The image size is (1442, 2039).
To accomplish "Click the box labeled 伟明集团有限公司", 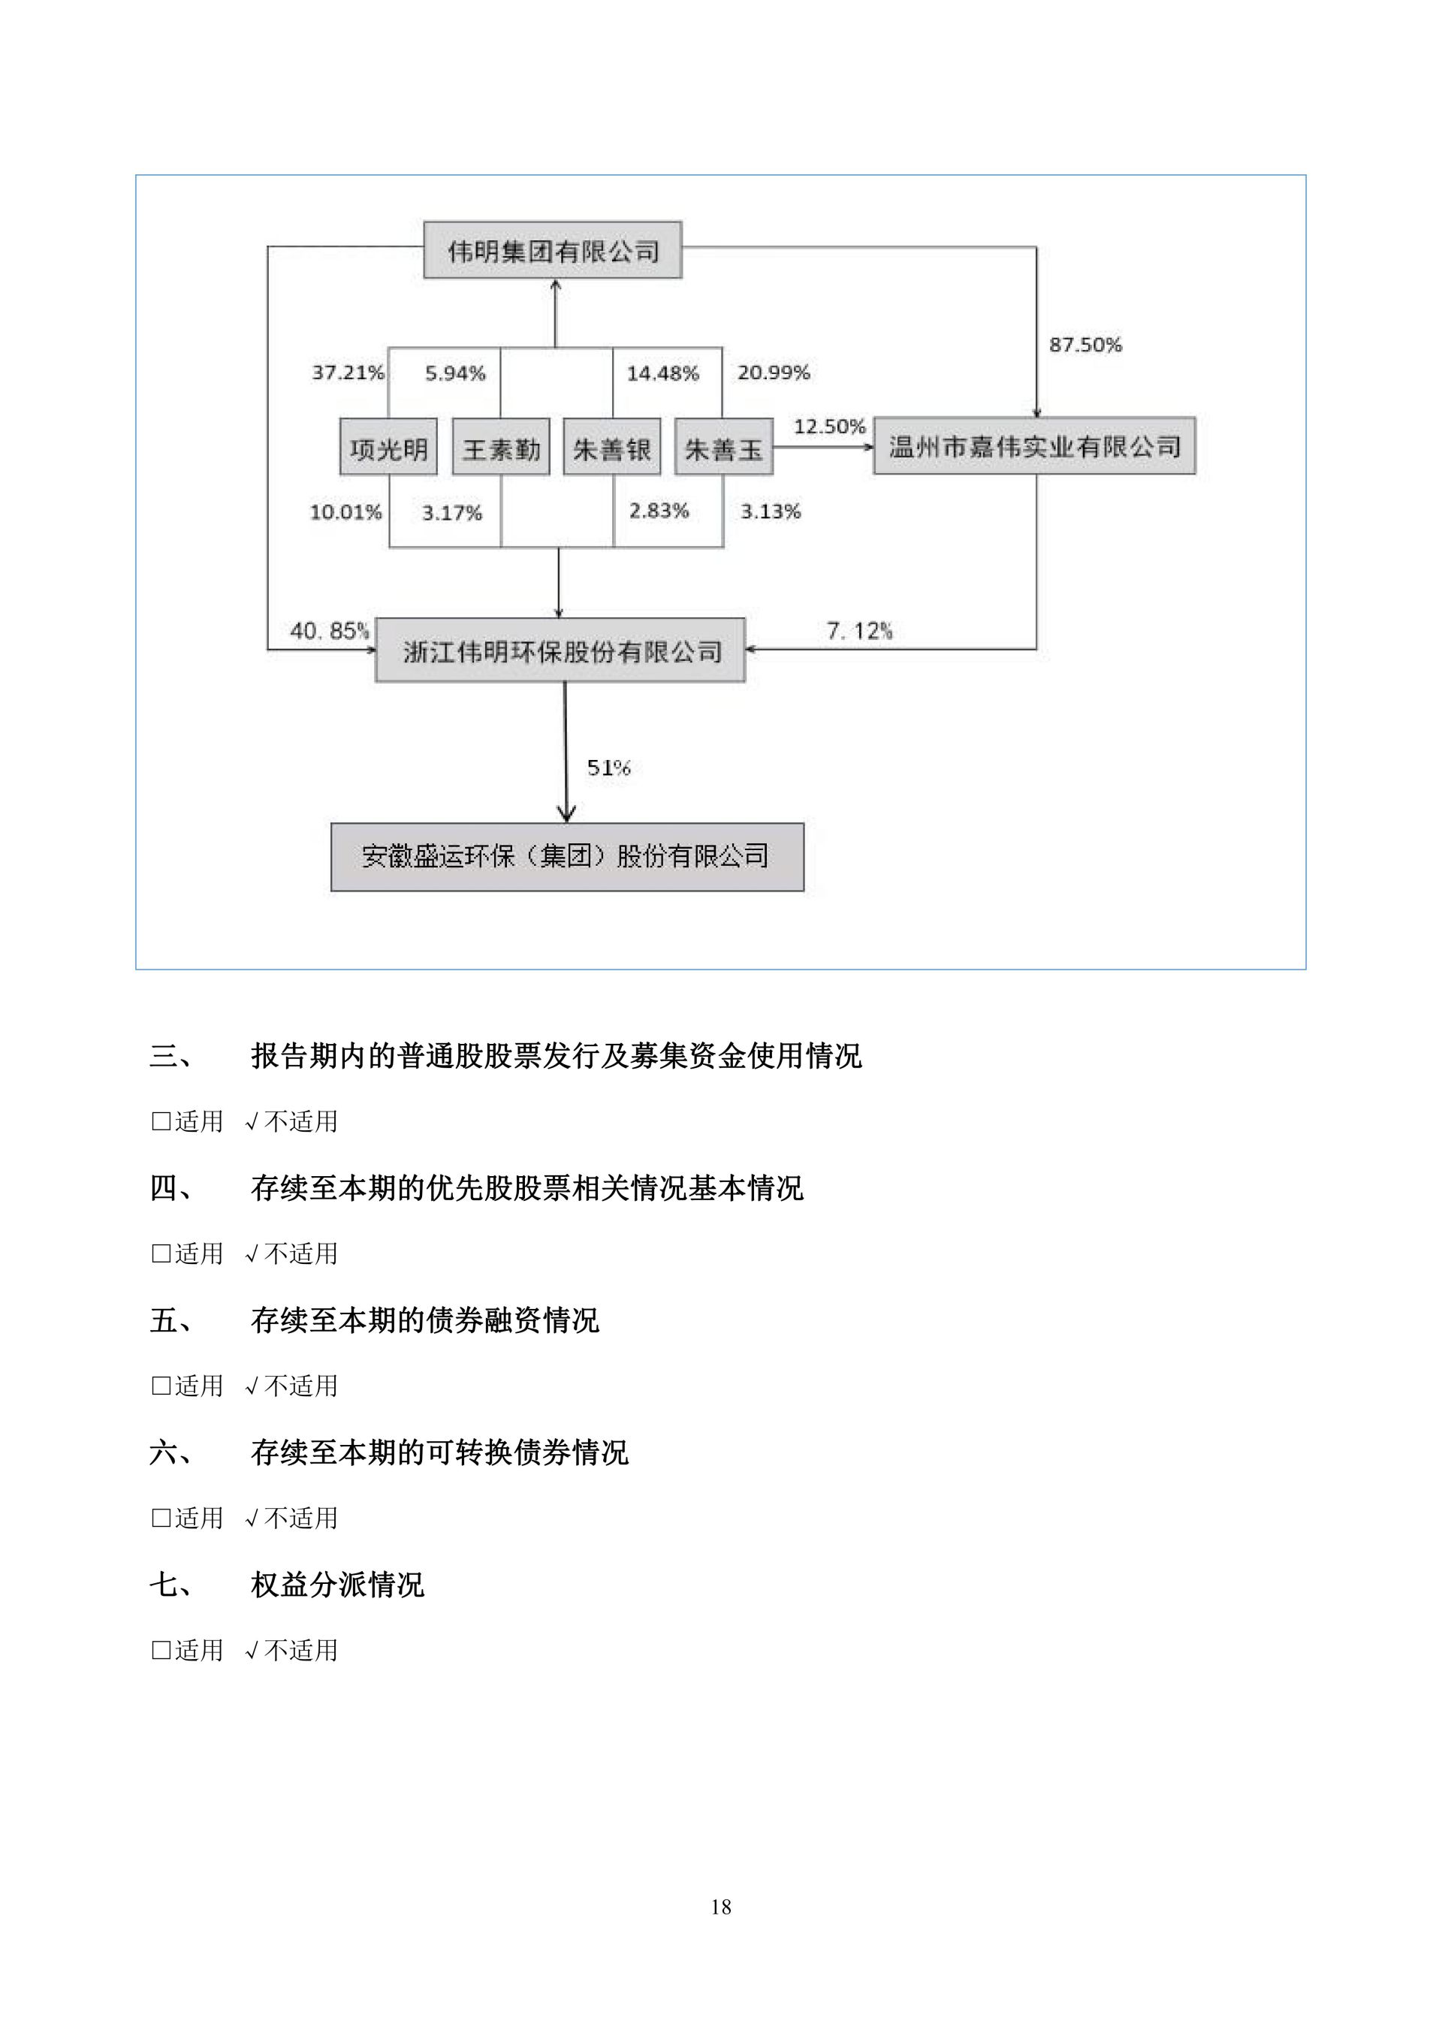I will coord(552,250).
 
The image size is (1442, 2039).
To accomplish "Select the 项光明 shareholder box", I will coord(388,448).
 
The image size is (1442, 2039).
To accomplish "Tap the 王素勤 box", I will coord(501,448).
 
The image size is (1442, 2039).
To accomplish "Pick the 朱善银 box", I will coord(612,448).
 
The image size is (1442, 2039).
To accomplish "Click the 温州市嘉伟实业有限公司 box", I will coord(1034,446).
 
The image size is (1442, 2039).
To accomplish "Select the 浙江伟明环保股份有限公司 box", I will coord(560,651).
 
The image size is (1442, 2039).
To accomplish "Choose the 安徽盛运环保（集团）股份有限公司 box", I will coord(566,857).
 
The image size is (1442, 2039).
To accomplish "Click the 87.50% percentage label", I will coord(1085,345).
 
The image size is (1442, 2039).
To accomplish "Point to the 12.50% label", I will coord(828,427).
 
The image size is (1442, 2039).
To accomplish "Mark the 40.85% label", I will coord(330,631).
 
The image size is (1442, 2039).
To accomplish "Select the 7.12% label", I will coord(858,631).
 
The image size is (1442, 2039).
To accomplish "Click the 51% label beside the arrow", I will coord(608,768).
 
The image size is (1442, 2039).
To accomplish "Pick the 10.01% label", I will coord(345,511).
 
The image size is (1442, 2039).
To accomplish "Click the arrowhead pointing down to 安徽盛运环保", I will coord(566,813).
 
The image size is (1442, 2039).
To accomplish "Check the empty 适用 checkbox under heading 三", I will coord(161,1121).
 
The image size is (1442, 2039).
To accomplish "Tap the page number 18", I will coord(721,1907).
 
